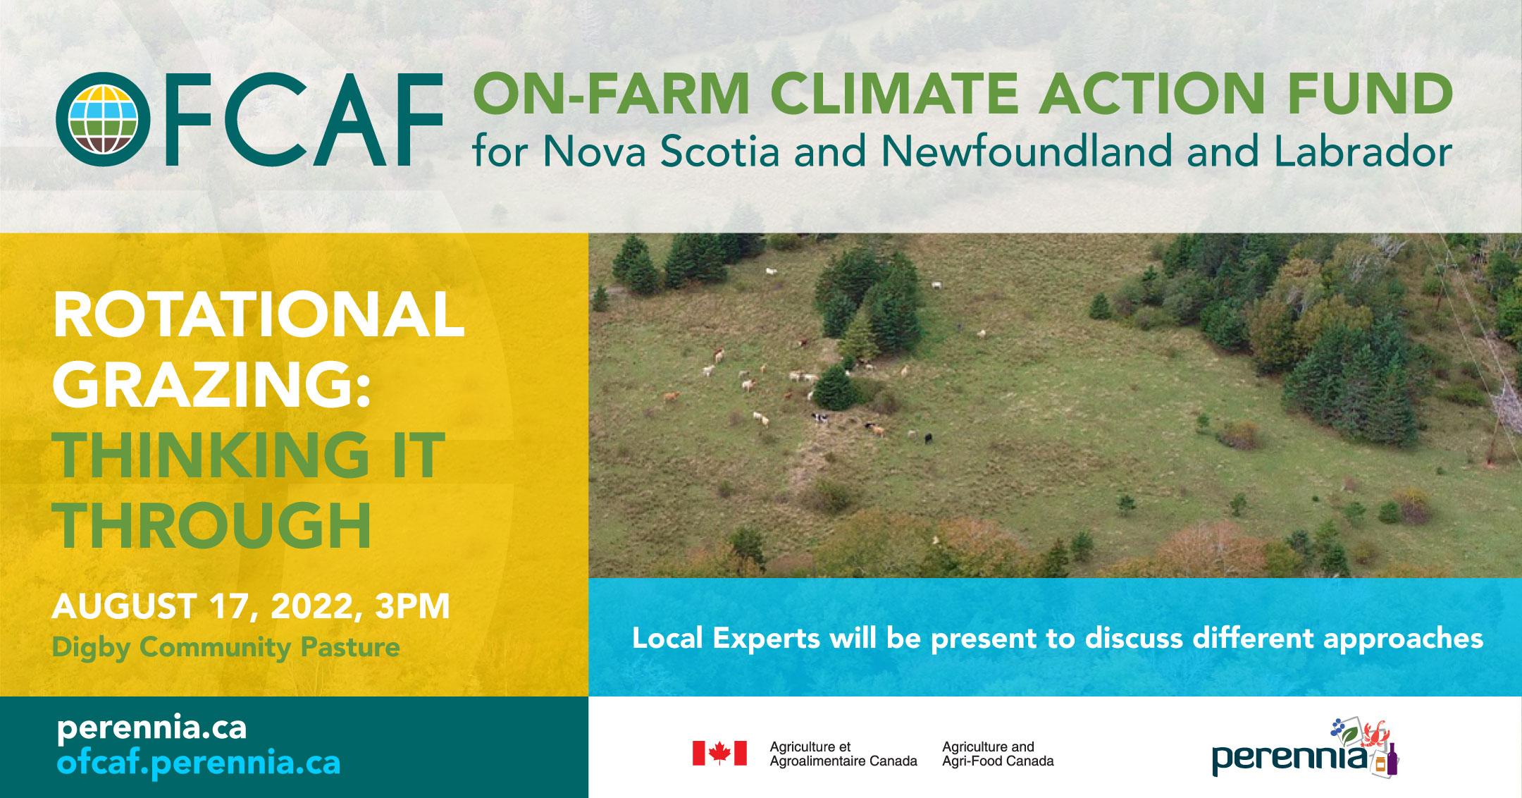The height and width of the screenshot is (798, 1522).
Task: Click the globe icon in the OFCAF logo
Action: pyautogui.click(x=103, y=119)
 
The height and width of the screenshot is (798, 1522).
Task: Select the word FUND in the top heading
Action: pyautogui.click(x=1369, y=94)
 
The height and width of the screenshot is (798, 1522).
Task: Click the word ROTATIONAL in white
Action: pyautogui.click(x=259, y=314)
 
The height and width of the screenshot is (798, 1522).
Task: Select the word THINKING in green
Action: pyautogui.click(x=211, y=455)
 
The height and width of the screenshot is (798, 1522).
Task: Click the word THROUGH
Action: pyautogui.click(x=212, y=526)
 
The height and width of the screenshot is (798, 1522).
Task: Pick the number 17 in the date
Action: pyautogui.click(x=230, y=606)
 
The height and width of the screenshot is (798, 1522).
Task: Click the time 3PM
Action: pyautogui.click(x=412, y=606)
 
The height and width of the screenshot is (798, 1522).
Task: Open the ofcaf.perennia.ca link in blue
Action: pyautogui.click(x=199, y=763)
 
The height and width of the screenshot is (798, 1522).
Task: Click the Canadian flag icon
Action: pyautogui.click(x=719, y=753)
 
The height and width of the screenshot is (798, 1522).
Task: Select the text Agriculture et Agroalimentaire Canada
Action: pyautogui.click(x=843, y=754)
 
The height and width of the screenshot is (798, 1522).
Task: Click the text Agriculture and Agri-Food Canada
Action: pyautogui.click(x=998, y=754)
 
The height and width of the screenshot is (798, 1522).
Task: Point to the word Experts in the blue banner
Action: pyautogui.click(x=766, y=639)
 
